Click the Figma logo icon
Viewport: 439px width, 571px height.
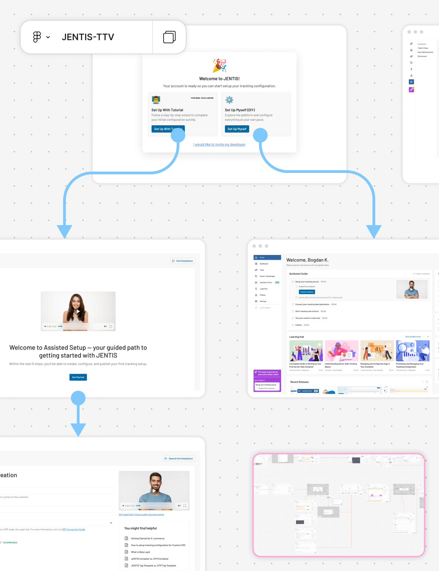tap(37, 37)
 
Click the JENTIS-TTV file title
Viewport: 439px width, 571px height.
tap(88, 37)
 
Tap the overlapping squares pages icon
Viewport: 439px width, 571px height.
tap(169, 37)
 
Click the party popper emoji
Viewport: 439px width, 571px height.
tap(219, 65)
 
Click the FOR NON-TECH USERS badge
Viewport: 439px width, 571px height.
tap(202, 98)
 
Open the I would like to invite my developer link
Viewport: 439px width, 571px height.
tap(219, 145)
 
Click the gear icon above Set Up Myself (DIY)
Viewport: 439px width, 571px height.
tap(229, 100)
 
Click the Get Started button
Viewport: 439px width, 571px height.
tap(78, 377)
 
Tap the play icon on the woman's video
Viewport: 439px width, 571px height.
tap(78, 311)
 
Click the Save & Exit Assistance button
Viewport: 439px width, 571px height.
tap(179, 458)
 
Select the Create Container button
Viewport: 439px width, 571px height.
tap(307, 292)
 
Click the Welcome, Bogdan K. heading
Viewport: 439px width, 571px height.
tap(307, 260)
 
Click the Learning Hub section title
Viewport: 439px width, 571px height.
tap(297, 337)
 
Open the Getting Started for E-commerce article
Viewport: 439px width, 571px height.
tap(147, 538)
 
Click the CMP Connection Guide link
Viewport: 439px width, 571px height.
tap(73, 529)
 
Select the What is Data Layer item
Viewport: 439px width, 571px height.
tap(141, 552)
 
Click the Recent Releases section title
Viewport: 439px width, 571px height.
tap(299, 382)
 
